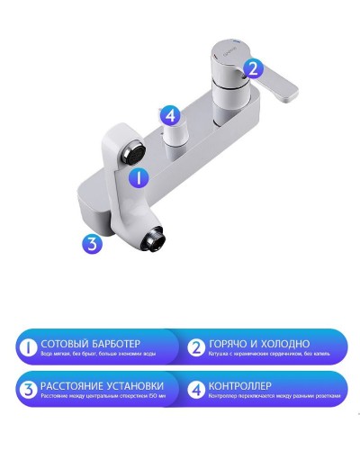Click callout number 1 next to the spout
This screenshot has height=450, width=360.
[138, 177]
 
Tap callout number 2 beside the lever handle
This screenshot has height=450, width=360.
[253, 67]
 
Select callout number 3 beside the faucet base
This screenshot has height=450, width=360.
[90, 242]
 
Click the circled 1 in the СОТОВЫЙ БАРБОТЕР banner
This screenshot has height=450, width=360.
[26, 348]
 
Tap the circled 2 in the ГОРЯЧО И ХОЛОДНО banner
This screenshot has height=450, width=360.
[194, 348]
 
